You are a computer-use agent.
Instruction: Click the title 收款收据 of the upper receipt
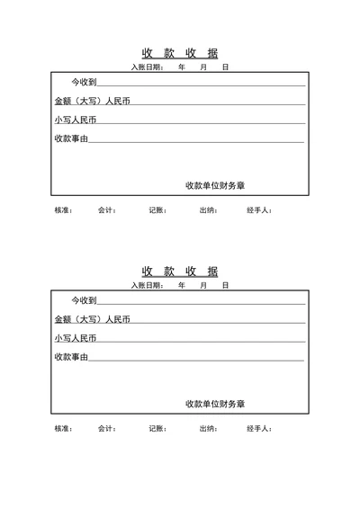coord(180,53)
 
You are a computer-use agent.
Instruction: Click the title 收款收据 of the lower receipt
coord(180,272)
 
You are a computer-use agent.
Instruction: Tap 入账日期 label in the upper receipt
coord(147,67)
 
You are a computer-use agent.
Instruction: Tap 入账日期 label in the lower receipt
coord(147,285)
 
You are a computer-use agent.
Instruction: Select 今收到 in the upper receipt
coord(84,83)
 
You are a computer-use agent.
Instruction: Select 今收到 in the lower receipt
coord(84,300)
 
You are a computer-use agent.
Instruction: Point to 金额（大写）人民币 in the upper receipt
coord(92,101)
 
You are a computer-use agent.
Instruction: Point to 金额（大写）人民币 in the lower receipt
coord(92,319)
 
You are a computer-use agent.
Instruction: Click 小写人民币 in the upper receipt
coord(75,120)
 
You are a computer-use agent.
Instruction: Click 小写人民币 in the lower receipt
coord(75,338)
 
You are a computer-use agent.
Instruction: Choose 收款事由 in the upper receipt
coord(71,138)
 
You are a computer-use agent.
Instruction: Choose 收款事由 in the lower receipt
coord(71,357)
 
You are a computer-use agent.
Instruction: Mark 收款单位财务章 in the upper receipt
coord(215,186)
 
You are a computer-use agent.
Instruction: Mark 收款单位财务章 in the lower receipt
coord(215,405)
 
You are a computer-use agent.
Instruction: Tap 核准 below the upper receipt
coord(63,210)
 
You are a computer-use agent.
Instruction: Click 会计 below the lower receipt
coord(107,429)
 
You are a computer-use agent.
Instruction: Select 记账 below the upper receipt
coord(157,210)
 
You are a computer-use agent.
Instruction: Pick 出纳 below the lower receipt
coord(208,429)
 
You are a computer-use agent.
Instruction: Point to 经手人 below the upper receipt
coord(259,210)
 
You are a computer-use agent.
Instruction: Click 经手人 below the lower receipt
coord(259,429)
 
